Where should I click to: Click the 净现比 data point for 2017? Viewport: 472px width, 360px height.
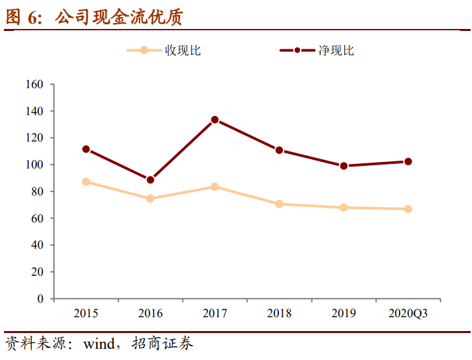pos(215,120)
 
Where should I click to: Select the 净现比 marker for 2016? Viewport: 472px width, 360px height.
pos(150,180)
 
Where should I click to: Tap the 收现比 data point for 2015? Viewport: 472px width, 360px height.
pos(86,182)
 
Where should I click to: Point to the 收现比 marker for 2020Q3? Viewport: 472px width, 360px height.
pos(408,209)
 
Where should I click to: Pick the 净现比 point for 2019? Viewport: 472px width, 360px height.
pos(344,166)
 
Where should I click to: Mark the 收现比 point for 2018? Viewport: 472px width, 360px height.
pos(279,204)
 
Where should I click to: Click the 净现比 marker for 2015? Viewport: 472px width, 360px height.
pos(86,149)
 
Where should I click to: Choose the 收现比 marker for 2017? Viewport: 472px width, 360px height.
pos(215,187)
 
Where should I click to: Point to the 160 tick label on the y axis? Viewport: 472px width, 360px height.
pos(34,84)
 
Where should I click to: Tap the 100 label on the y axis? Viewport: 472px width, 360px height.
pos(34,165)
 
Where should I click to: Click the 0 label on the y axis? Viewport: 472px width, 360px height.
pos(40,299)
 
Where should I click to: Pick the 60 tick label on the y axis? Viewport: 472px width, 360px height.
pos(38,219)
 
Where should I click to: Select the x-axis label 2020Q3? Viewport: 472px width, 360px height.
pos(408,313)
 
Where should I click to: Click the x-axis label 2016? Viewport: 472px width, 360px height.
pos(150,313)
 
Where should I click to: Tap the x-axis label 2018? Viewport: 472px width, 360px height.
pos(279,313)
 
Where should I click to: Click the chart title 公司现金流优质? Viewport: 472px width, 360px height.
pos(119,17)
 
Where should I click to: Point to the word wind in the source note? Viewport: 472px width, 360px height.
pos(99,344)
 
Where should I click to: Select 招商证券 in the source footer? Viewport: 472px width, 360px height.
pos(163,344)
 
